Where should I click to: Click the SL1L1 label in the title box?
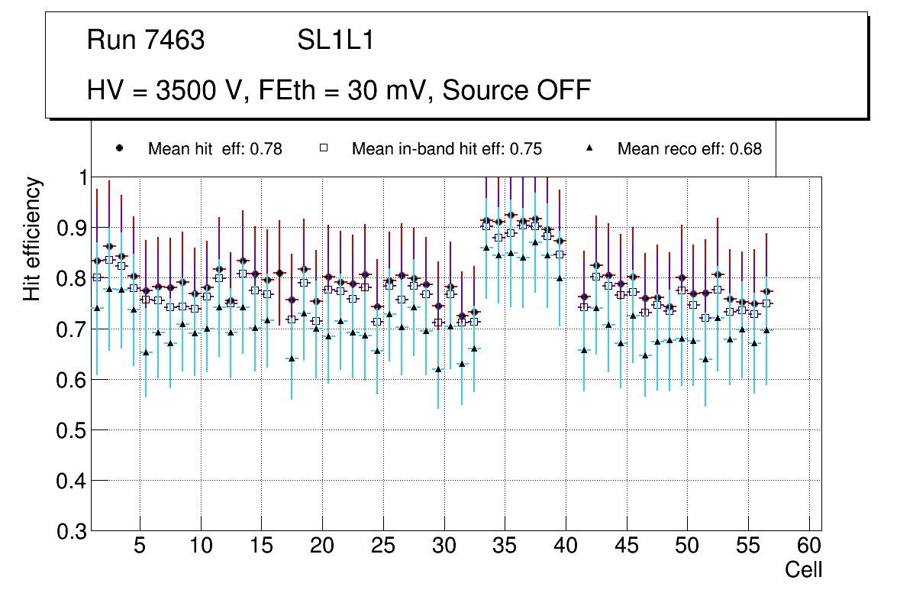(x=336, y=41)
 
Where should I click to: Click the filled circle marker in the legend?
(x=120, y=149)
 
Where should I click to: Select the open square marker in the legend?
(x=324, y=149)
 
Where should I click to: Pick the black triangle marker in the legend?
(x=589, y=149)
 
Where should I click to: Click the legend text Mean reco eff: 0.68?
(x=689, y=149)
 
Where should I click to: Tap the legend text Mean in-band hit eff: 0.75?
(x=447, y=149)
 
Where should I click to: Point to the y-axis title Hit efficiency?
(x=33, y=238)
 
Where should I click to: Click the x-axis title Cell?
(x=804, y=569)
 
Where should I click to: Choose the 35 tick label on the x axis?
(x=505, y=546)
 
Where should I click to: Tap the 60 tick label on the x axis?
(x=809, y=546)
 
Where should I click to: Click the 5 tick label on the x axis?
(x=140, y=546)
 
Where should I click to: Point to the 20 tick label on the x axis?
(x=322, y=546)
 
